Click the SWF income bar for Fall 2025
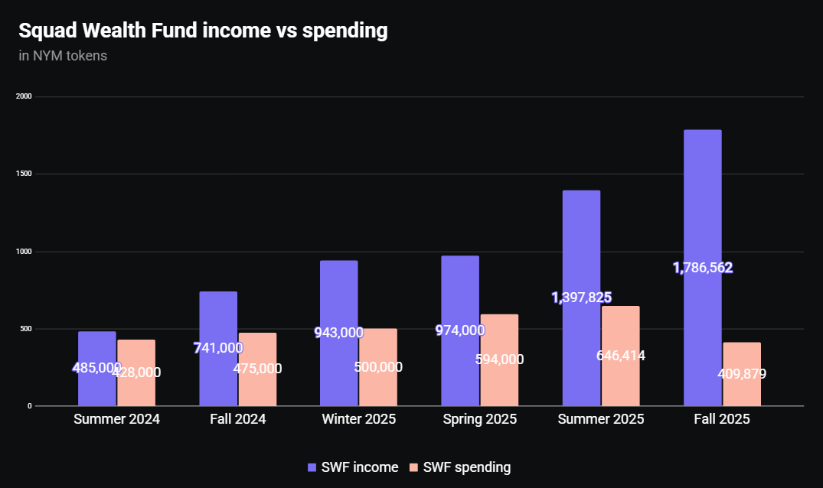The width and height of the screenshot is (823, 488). pyautogui.click(x=702, y=199)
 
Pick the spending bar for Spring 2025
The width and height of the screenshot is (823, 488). pyautogui.click(x=499, y=382)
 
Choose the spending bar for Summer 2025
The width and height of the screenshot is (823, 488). pyautogui.click(x=620, y=382)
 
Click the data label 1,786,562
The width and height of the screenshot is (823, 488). pyautogui.click(x=703, y=268)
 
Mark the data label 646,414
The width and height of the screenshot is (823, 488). pyautogui.click(x=620, y=355)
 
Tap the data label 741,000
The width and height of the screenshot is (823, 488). pyautogui.click(x=218, y=348)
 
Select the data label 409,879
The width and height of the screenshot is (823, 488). pyautogui.click(x=742, y=374)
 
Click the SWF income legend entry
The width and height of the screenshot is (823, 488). pyautogui.click(x=353, y=467)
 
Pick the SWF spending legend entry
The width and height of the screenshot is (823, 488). pyautogui.click(x=460, y=467)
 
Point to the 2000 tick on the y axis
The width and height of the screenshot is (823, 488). pyautogui.click(x=24, y=96)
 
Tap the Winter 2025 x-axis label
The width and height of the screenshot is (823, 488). pyautogui.click(x=358, y=419)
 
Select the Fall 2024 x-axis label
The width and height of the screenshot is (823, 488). pyautogui.click(x=237, y=419)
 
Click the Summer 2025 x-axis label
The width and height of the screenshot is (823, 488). pyautogui.click(x=601, y=419)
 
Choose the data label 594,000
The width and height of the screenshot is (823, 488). pyautogui.click(x=499, y=359)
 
